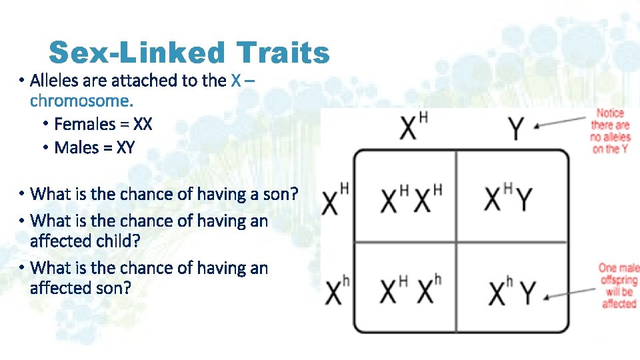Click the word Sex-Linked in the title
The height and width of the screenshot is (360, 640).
pyautogui.click(x=137, y=52)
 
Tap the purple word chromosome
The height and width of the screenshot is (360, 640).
pyautogui.click(x=81, y=101)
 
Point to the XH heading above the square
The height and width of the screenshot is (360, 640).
pyautogui.click(x=414, y=127)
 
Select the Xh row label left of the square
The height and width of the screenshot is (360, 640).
pyautogui.click(x=336, y=291)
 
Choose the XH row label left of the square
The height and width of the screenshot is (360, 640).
pyautogui.click(x=335, y=199)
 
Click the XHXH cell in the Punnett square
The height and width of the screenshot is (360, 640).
pyautogui.click(x=411, y=199)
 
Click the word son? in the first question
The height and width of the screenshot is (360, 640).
pyautogui.click(x=280, y=194)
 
